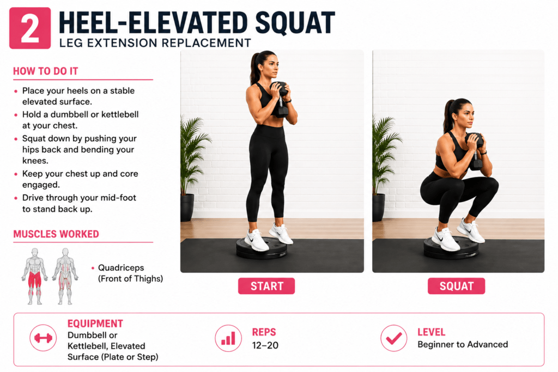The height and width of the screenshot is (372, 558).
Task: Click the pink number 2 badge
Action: pos(30,28)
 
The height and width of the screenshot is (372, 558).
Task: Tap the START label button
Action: pos(266,286)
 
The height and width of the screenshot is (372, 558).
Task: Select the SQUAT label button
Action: pos(456,286)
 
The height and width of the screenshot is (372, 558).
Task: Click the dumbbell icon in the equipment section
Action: pos(43,338)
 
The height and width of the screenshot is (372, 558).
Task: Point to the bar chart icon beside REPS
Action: pos(228,338)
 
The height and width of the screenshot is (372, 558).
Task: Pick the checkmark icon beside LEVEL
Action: pos(394,338)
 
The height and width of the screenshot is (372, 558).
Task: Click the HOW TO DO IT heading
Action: pos(46,71)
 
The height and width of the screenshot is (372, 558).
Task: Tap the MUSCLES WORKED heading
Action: pos(56,234)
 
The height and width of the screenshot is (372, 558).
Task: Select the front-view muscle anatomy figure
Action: pos(34,276)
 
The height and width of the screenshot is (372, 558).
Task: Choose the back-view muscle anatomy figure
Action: pos(65,276)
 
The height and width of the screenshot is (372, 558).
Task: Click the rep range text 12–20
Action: pos(265,345)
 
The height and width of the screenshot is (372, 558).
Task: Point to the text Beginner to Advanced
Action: pos(463,344)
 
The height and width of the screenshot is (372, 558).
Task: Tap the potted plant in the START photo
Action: pos(192,167)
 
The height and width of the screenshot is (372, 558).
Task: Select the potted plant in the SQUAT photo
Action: pos(384,167)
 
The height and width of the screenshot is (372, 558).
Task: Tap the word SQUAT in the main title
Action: pos(295,23)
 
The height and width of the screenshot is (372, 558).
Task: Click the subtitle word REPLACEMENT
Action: pos(207,43)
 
